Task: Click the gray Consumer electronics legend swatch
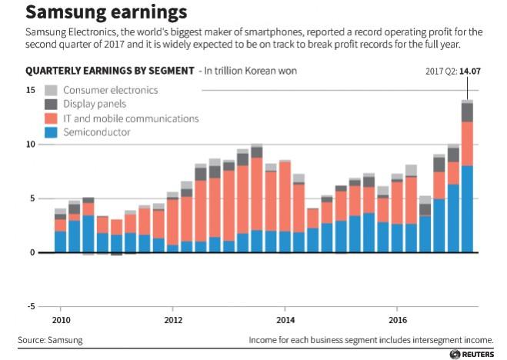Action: tap(52, 90)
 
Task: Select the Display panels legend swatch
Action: tap(52, 104)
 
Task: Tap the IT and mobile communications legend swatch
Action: tap(52, 118)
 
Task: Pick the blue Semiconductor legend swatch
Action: tap(52, 132)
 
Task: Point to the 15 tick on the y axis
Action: tap(30, 90)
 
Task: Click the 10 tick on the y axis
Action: tap(30, 144)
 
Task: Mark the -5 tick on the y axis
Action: tap(30, 307)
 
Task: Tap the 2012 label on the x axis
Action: tap(173, 318)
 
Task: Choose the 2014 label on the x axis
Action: tap(285, 318)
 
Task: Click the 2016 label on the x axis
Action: tap(398, 318)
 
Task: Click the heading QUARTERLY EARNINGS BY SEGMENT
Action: tap(109, 71)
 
